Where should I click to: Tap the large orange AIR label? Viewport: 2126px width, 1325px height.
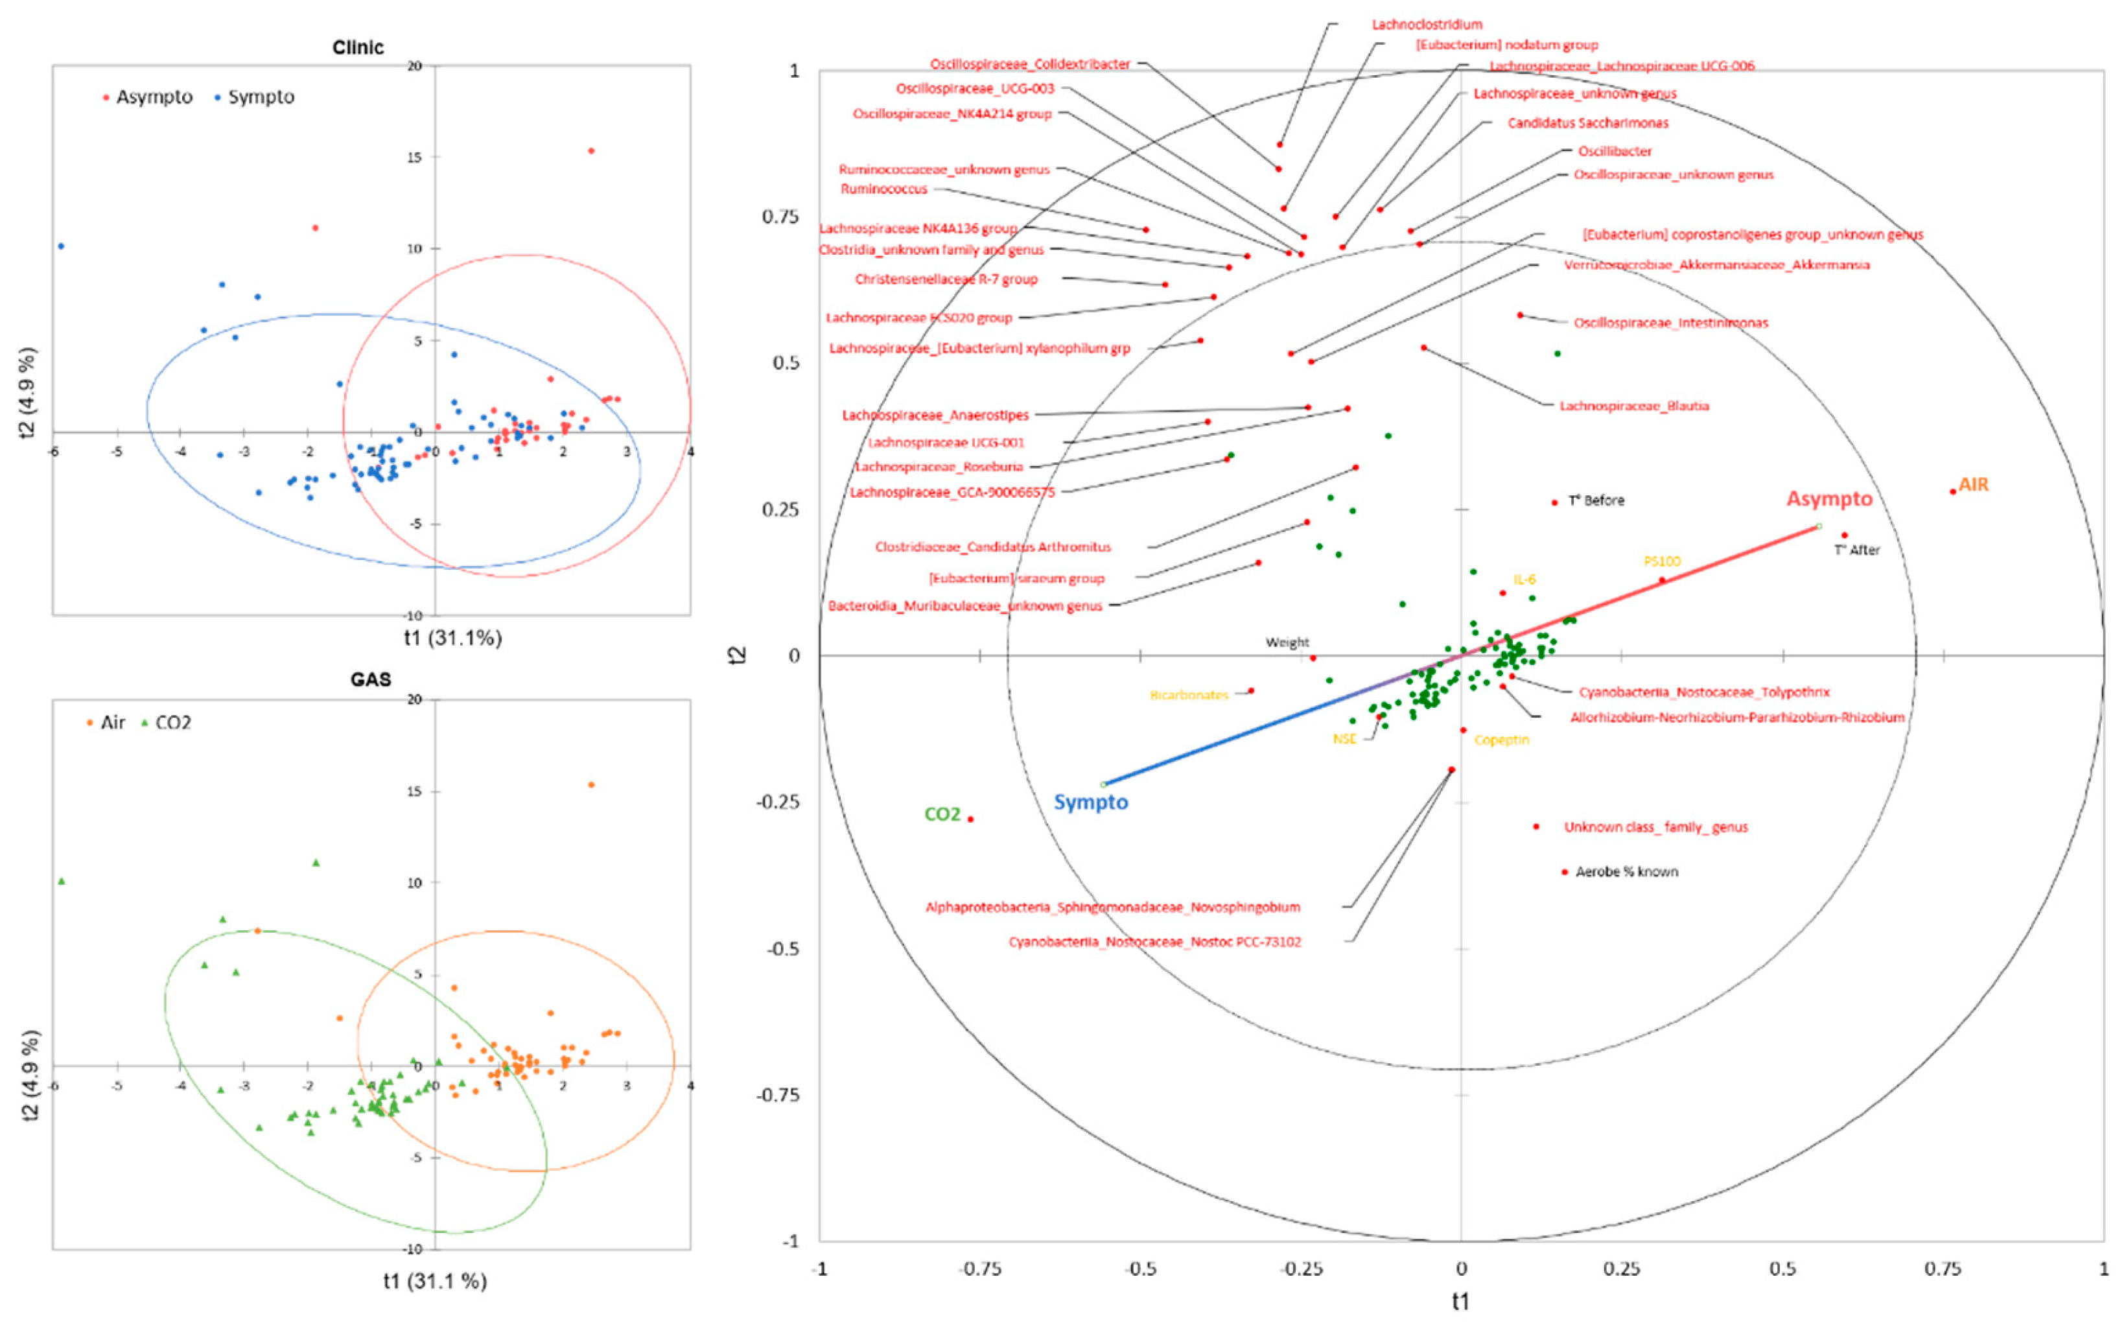[x=1974, y=485]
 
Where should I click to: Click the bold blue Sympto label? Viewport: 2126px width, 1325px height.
[x=1091, y=802]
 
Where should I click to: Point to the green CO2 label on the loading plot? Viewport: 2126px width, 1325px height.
[x=942, y=814]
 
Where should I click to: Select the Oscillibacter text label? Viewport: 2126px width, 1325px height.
[x=1615, y=151]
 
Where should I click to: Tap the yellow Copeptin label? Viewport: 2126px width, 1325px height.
[x=1501, y=740]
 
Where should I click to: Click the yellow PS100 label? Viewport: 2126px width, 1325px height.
[x=1662, y=561]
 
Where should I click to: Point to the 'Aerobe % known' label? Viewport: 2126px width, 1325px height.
[x=1627, y=872]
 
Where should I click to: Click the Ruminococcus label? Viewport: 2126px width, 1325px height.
[x=884, y=189]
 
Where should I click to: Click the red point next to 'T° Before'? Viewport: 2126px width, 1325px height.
[x=1555, y=503]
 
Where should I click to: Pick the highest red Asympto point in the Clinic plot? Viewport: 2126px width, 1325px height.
[x=591, y=151]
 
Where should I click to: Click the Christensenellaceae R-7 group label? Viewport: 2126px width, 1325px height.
[x=946, y=279]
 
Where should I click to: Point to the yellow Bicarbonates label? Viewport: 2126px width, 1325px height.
[x=1189, y=695]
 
